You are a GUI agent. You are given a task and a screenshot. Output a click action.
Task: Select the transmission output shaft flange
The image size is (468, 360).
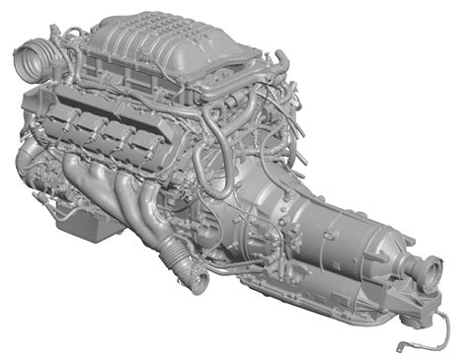click(x=431, y=268)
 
